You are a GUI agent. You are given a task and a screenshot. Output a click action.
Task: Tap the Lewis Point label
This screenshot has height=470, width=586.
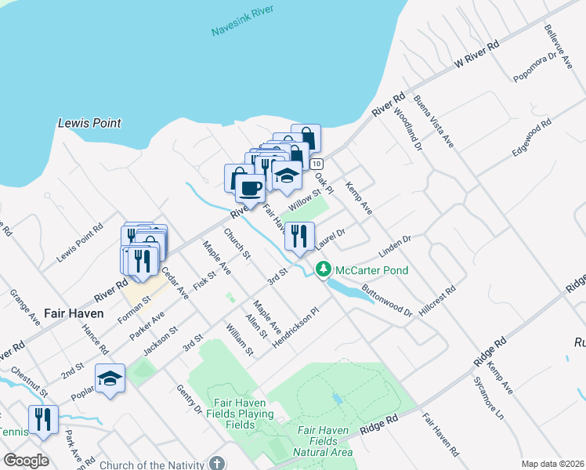[x=90, y=123]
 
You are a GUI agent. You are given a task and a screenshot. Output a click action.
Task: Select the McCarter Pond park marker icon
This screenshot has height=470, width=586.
[x=322, y=269]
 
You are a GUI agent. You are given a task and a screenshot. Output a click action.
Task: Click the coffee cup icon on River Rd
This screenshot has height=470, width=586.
[x=250, y=188]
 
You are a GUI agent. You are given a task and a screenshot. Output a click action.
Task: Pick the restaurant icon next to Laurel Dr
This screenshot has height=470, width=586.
[x=298, y=236]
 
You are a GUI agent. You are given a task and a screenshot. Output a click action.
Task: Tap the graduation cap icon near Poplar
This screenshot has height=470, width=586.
[x=110, y=378]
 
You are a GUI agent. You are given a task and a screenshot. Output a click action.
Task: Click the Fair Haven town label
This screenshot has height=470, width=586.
[x=74, y=313]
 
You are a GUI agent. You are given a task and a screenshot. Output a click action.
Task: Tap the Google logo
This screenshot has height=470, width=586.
[x=27, y=461]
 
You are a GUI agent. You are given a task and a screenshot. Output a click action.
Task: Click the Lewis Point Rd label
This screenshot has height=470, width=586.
[x=80, y=244]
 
